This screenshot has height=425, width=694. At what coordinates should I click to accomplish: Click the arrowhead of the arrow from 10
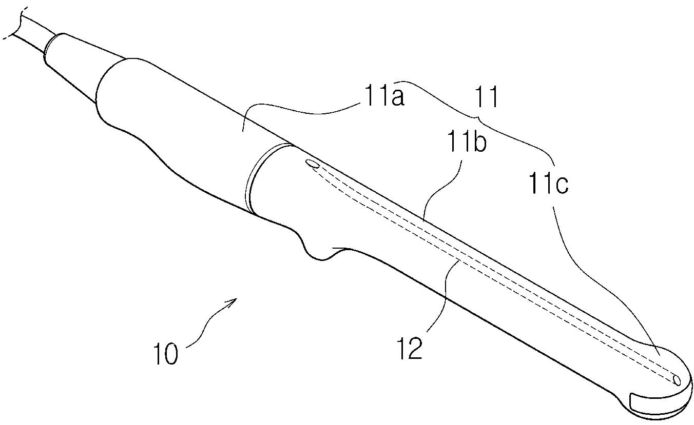pos(235,301)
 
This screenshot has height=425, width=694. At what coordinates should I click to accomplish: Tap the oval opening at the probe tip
pos(677,379)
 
